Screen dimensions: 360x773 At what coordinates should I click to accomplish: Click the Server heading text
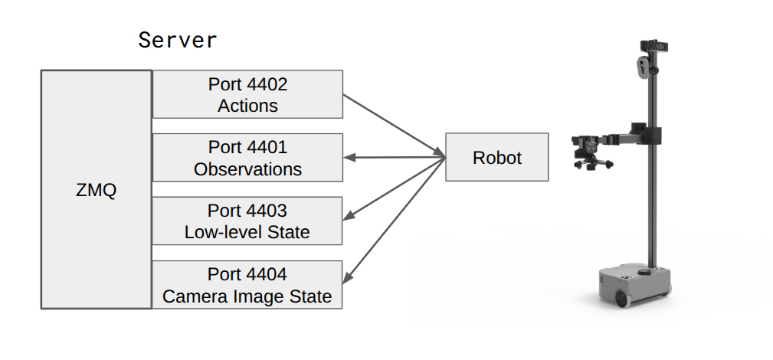pyautogui.click(x=178, y=40)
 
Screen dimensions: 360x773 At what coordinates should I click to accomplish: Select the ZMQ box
pyautogui.click(x=97, y=190)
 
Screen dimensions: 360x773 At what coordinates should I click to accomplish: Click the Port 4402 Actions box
pyautogui.click(x=247, y=94)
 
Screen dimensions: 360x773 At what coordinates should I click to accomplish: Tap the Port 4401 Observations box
pyautogui.click(x=247, y=158)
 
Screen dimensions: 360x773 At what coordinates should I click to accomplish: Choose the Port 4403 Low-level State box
pyautogui.click(x=247, y=221)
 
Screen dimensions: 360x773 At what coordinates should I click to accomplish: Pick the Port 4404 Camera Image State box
pyautogui.click(x=247, y=285)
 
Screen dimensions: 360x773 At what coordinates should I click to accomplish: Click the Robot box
pyautogui.click(x=496, y=158)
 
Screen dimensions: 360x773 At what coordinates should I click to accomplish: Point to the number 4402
pyautogui.click(x=268, y=83)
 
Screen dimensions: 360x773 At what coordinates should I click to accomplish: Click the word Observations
pyautogui.click(x=247, y=169)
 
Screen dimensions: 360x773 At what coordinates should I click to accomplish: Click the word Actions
pyautogui.click(x=247, y=106)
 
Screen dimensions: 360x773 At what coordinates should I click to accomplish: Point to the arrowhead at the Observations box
pyautogui.click(x=349, y=158)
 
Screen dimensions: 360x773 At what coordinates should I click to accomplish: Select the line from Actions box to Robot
pyautogui.click(x=394, y=126)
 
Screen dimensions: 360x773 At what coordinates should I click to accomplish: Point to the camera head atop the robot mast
pyautogui.click(x=653, y=47)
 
